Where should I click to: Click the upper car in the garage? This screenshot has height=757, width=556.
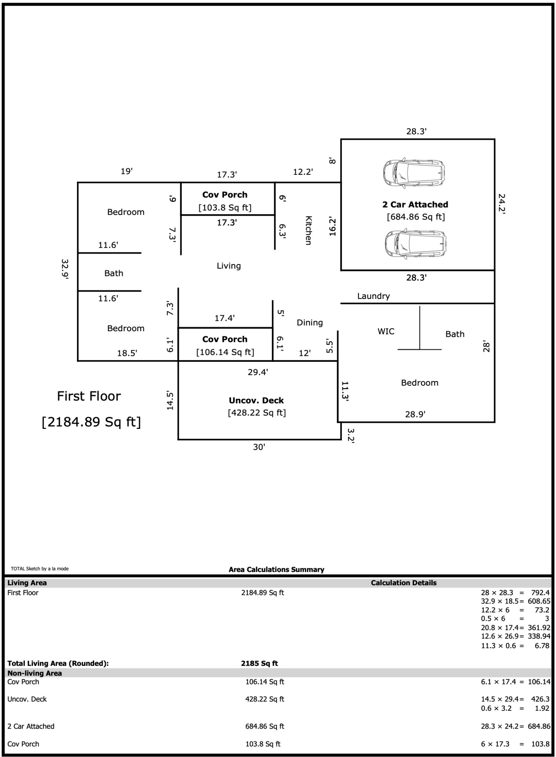tap(414, 173)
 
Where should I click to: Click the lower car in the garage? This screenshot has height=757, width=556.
tap(415, 244)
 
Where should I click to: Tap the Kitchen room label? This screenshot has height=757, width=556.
tap(309, 231)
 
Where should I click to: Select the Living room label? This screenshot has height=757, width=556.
tap(229, 266)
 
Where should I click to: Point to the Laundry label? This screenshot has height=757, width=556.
tap(373, 296)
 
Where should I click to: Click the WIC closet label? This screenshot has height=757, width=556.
tap(386, 331)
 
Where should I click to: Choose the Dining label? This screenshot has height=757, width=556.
tap(310, 322)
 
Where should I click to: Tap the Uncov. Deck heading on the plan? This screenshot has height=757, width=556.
tap(256, 400)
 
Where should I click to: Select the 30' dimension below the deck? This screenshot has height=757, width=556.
tap(259, 447)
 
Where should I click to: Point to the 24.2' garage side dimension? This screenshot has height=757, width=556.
tap(502, 204)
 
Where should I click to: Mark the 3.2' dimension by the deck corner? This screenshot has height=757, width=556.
tap(351, 436)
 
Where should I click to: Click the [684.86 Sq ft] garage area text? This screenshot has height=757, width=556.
tap(415, 217)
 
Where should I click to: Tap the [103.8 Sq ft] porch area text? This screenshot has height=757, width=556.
tap(225, 207)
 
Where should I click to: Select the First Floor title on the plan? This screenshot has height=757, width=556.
tap(89, 396)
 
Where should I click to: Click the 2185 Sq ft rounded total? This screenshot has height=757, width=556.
tap(259, 663)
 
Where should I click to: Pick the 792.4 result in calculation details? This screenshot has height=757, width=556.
tap(540, 593)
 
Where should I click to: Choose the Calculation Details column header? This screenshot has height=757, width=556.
tap(403, 583)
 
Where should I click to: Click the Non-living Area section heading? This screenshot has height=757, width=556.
tap(34, 673)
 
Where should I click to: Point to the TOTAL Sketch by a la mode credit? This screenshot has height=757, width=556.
tap(40, 569)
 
